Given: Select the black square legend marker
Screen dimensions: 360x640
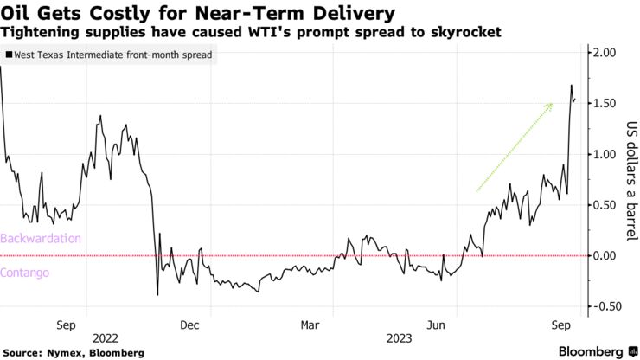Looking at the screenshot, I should click(x=9, y=55).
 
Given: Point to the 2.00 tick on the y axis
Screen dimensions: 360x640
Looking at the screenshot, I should click(x=605, y=53).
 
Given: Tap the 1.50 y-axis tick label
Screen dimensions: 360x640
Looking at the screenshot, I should click(x=605, y=104).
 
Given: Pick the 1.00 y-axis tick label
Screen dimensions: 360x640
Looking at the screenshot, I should click(x=605, y=154).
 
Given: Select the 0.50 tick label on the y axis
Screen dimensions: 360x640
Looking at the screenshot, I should click(x=605, y=205).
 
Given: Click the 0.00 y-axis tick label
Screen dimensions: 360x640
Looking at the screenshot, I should click(x=605, y=255).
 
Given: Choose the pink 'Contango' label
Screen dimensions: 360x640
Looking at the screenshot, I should click(x=26, y=272).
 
